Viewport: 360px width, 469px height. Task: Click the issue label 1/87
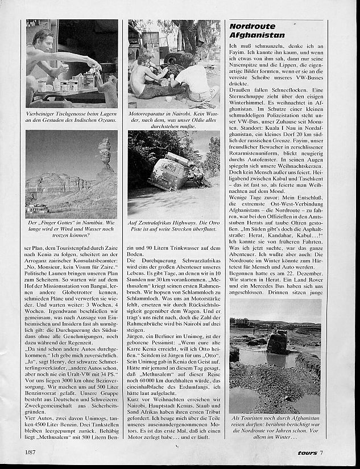tap(32, 452)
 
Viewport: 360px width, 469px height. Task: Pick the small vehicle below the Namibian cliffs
tap(38, 209)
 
